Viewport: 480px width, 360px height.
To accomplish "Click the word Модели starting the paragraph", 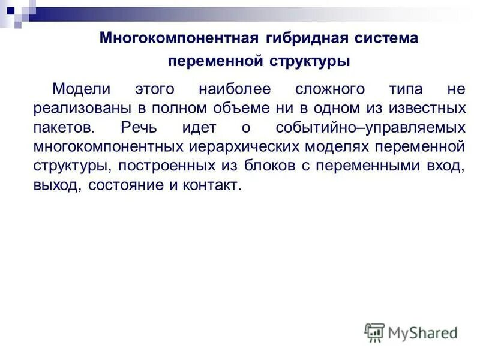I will point(81,89).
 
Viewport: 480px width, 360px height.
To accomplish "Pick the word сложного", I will point(330,89).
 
